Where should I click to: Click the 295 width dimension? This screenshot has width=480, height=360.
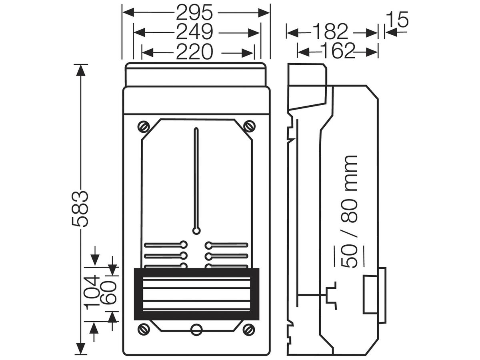(x=194, y=13)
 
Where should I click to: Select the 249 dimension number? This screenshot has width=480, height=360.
(x=194, y=32)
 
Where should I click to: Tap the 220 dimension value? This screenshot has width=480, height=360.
(x=194, y=52)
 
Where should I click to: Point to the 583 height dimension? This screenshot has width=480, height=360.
(x=80, y=209)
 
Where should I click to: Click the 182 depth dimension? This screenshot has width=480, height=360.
(x=330, y=32)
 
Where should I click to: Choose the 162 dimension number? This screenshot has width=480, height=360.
(x=337, y=51)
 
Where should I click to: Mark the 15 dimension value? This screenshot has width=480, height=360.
(x=397, y=19)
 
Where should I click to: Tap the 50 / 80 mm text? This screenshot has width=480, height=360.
(x=349, y=212)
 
